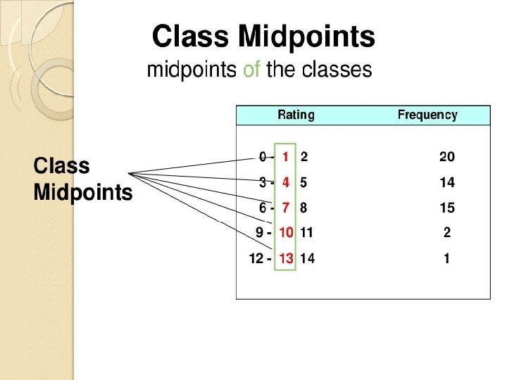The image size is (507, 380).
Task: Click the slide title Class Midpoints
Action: tap(263, 37)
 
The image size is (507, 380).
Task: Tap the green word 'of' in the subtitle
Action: tap(252, 70)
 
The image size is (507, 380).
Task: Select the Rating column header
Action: tap(296, 115)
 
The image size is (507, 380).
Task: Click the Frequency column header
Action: tap(427, 115)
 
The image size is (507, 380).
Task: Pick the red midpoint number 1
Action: tap(286, 157)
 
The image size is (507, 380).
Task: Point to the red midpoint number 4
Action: tap(286, 182)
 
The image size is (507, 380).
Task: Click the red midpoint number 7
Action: tap(286, 208)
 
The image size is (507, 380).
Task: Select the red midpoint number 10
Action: tap(286, 232)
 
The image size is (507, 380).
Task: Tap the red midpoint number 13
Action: tap(286, 258)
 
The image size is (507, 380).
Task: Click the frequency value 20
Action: tap(447, 157)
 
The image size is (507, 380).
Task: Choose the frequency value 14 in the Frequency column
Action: tap(447, 182)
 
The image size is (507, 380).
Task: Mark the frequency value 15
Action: tap(447, 208)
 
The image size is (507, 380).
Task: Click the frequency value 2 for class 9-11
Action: tap(447, 232)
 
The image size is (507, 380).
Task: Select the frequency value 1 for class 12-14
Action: tap(447, 258)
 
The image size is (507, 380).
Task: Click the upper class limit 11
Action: tap(306, 232)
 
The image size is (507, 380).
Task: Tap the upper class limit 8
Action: tap(303, 208)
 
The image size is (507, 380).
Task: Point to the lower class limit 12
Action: tap(256, 258)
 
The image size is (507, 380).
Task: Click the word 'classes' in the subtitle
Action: tap(335, 70)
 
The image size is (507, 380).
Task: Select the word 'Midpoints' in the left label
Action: tap(82, 192)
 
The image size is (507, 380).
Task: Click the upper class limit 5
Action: tap(303, 182)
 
